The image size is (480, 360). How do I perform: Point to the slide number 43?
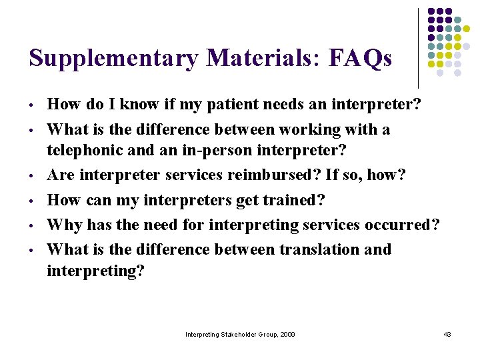point(447,334)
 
